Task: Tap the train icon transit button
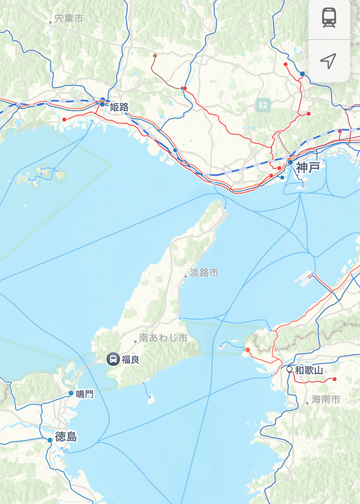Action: click(x=329, y=18)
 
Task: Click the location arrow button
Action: click(x=329, y=60)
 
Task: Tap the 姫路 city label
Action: click(x=119, y=107)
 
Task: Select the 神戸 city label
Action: click(x=308, y=167)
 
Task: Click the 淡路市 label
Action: click(x=204, y=273)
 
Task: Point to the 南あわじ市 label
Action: click(x=163, y=338)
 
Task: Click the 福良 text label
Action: click(x=131, y=359)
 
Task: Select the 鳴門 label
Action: click(x=85, y=394)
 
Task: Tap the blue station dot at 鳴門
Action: click(x=71, y=394)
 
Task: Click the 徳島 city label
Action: click(x=66, y=437)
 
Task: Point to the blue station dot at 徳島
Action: click(x=50, y=440)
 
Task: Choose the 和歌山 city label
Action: click(x=309, y=370)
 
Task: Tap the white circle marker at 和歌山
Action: click(x=289, y=370)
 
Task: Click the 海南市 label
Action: click(x=325, y=399)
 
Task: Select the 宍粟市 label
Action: click(x=69, y=19)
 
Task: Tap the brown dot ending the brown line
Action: click(x=155, y=56)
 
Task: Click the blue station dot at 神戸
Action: click(x=290, y=162)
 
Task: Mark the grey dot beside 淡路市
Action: click(x=186, y=276)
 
